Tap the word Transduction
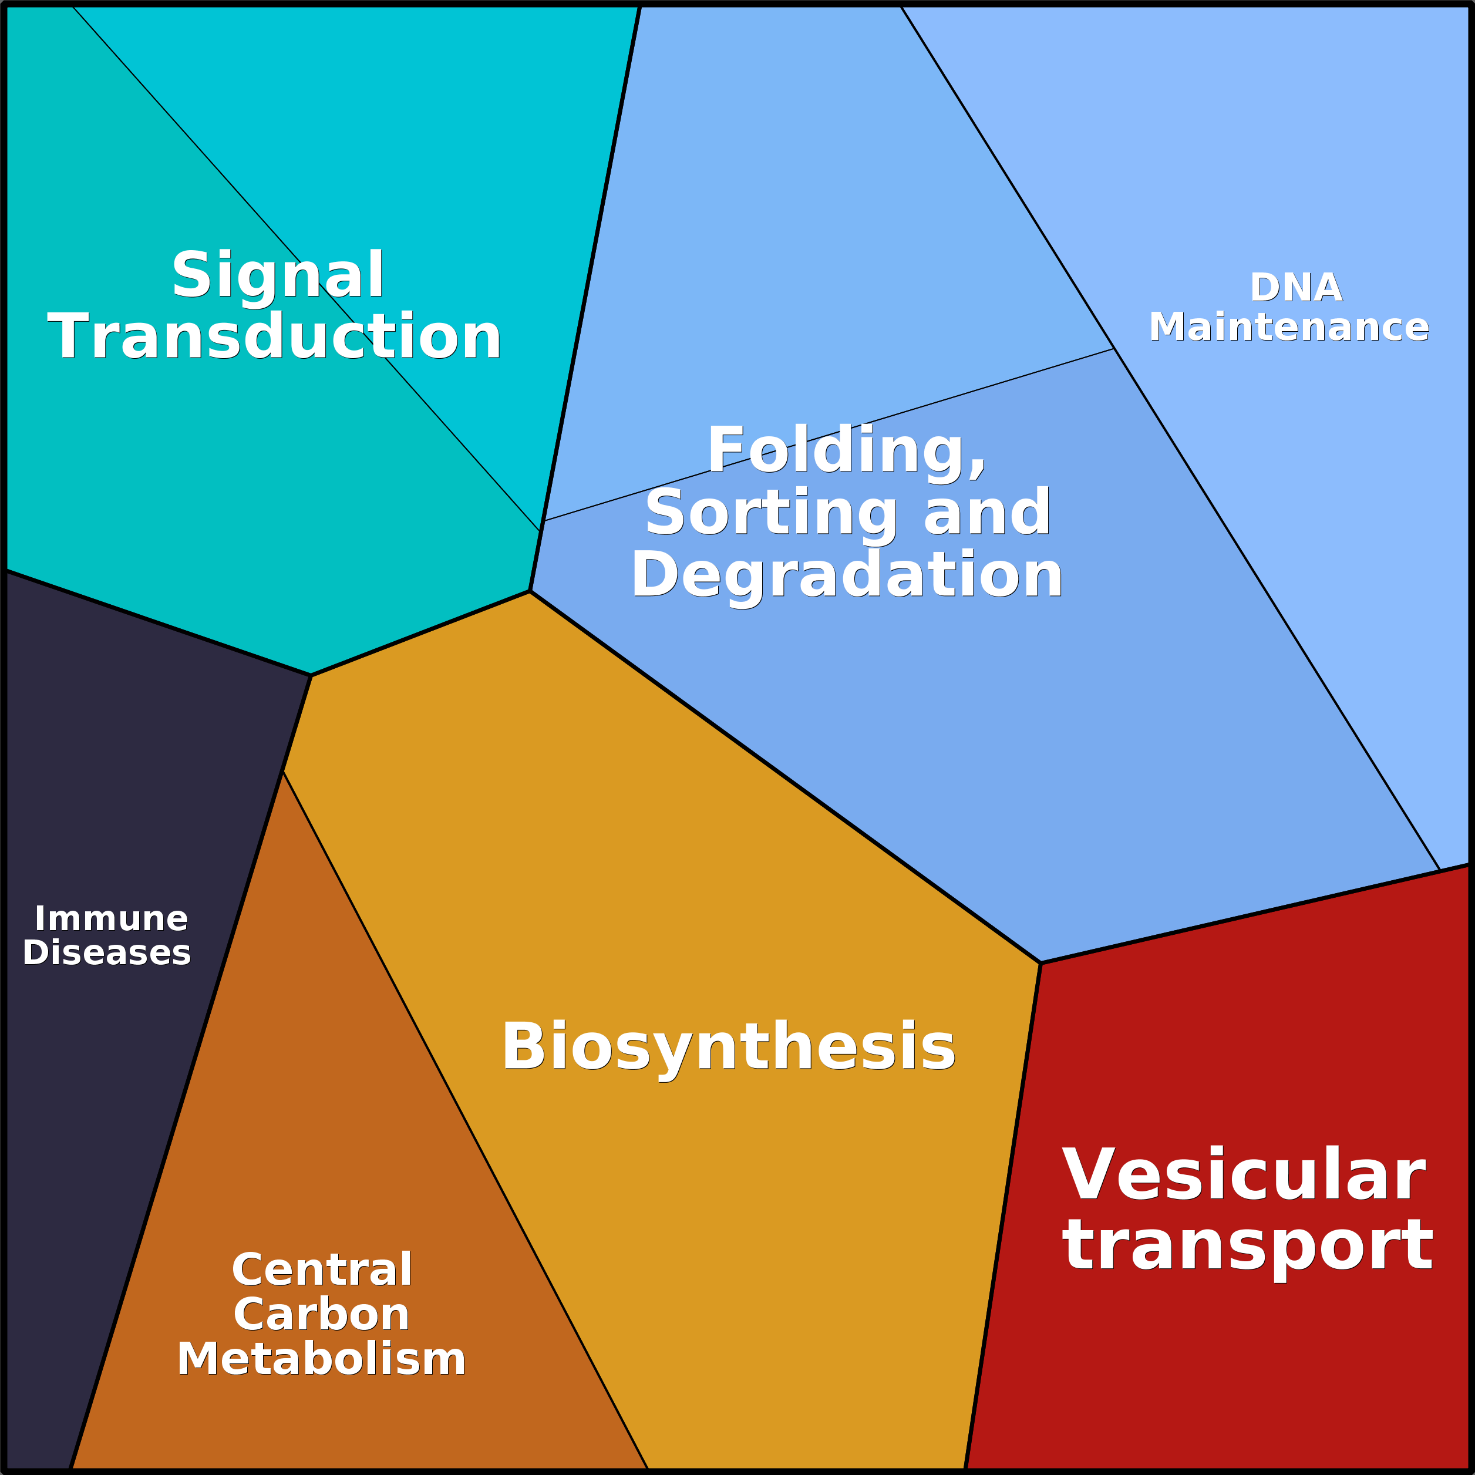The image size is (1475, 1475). point(274,336)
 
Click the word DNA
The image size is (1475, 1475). point(1295,288)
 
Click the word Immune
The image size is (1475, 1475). point(112,918)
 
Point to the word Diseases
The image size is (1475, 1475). point(107,953)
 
